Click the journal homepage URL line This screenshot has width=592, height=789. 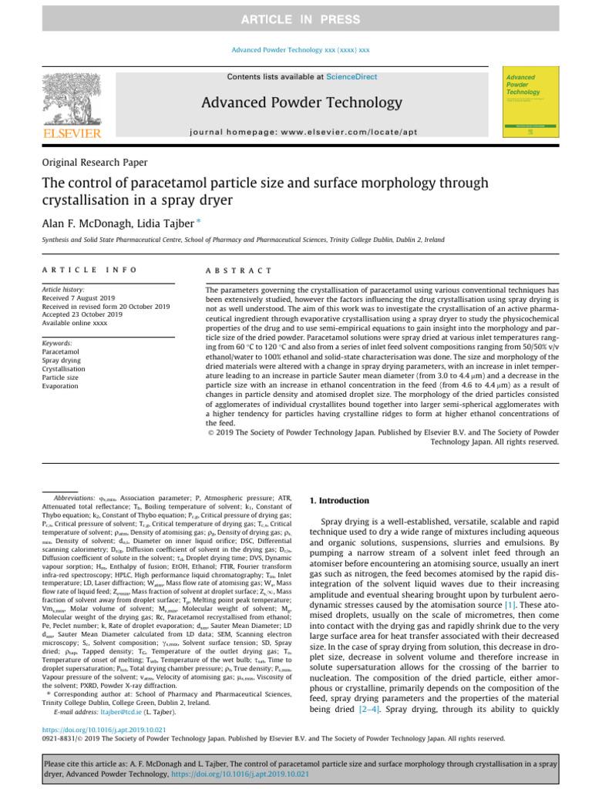pos(301,132)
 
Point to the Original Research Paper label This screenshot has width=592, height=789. pos(95,163)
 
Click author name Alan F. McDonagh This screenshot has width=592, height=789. pos(92,222)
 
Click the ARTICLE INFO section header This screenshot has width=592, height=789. pos(89,270)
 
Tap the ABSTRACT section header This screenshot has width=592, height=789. pos(240,270)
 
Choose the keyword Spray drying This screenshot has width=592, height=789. pos(64,360)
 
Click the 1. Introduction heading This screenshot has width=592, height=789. pos(339,501)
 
